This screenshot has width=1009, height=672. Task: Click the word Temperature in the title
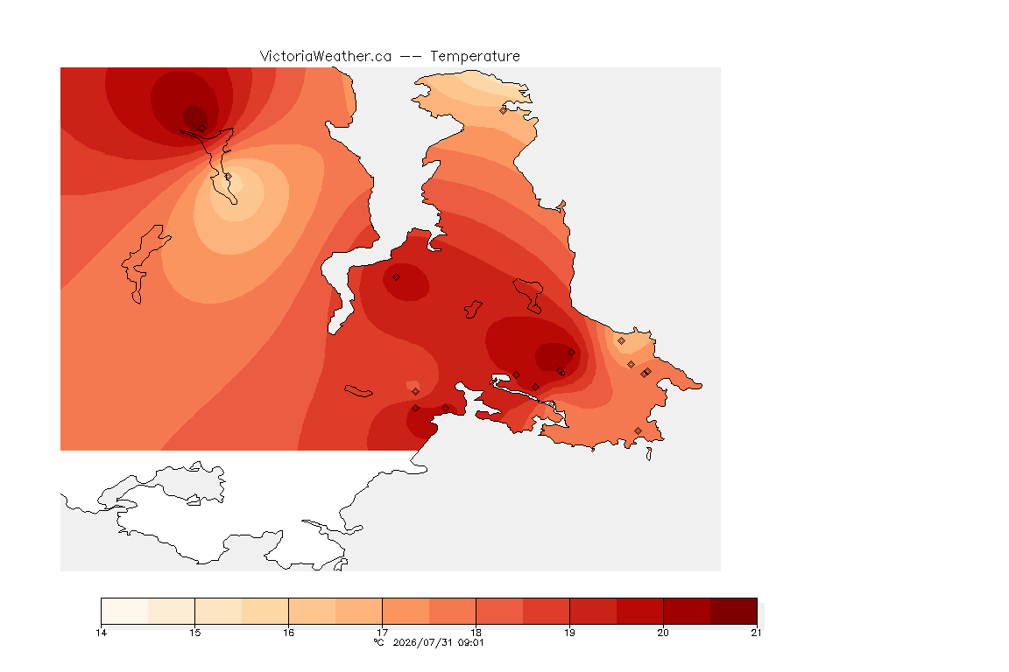tap(475, 57)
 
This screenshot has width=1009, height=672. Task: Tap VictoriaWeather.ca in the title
tap(326, 57)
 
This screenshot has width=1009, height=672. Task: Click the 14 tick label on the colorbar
tap(101, 633)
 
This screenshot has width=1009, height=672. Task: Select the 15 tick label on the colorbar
tap(195, 633)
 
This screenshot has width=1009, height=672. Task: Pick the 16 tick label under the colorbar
tap(288, 633)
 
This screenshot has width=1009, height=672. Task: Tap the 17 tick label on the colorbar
tap(382, 633)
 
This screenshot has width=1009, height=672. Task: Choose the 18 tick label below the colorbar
tap(476, 633)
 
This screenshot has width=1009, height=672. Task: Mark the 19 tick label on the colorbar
tap(569, 633)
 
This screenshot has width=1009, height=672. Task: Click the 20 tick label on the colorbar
tap(663, 633)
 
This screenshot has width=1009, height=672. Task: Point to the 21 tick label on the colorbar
tap(756, 633)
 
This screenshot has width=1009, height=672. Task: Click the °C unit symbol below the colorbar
tap(378, 642)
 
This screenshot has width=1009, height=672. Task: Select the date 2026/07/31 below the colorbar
tap(422, 642)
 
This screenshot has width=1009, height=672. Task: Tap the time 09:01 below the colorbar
tap(469, 642)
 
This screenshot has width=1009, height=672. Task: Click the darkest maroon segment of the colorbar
tap(734, 611)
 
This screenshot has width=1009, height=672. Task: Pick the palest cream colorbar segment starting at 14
tap(125, 611)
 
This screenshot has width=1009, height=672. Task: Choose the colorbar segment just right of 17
tap(406, 611)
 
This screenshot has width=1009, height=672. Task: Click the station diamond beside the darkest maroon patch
tap(202, 129)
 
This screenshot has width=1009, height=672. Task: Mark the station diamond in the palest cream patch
tap(228, 176)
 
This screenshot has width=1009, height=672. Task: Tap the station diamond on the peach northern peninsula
tap(504, 110)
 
